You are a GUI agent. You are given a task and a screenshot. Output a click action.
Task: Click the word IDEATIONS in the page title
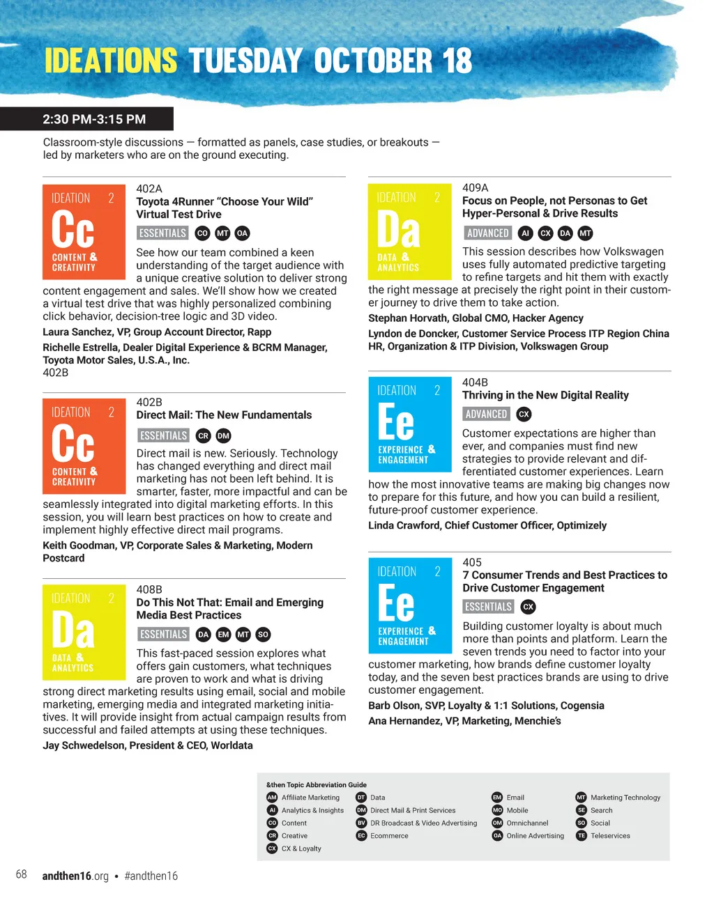pos(112,61)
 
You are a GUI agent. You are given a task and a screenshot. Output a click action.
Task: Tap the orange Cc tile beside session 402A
pos(84,232)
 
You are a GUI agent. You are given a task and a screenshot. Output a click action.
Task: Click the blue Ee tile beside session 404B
pos(409,424)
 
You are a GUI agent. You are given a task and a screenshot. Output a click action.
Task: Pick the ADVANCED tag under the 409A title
pos(487,233)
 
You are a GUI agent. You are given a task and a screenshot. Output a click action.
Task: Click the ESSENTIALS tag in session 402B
pos(163,436)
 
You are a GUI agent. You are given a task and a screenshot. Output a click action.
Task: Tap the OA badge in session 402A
pos(242,233)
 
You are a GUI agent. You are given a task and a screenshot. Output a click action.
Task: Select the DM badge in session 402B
pos(223,436)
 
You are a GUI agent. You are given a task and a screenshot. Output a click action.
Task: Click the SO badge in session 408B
pos(263,635)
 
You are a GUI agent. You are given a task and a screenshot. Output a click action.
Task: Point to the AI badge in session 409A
pos(526,233)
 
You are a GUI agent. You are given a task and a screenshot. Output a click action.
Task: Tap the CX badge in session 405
pos(529,607)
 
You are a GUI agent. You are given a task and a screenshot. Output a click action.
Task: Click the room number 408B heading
pos(149,589)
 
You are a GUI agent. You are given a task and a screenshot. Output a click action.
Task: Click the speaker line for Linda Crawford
pos(487,525)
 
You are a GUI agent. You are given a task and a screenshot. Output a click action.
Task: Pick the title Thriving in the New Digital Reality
pos(545,395)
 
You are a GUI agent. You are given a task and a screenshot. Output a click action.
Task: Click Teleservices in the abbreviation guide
pos(610,836)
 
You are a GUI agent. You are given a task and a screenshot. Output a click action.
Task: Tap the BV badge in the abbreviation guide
pos(361,823)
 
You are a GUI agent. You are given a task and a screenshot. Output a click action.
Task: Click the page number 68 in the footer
pos(22,874)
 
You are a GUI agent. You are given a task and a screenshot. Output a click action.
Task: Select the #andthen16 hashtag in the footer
pos(151,876)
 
